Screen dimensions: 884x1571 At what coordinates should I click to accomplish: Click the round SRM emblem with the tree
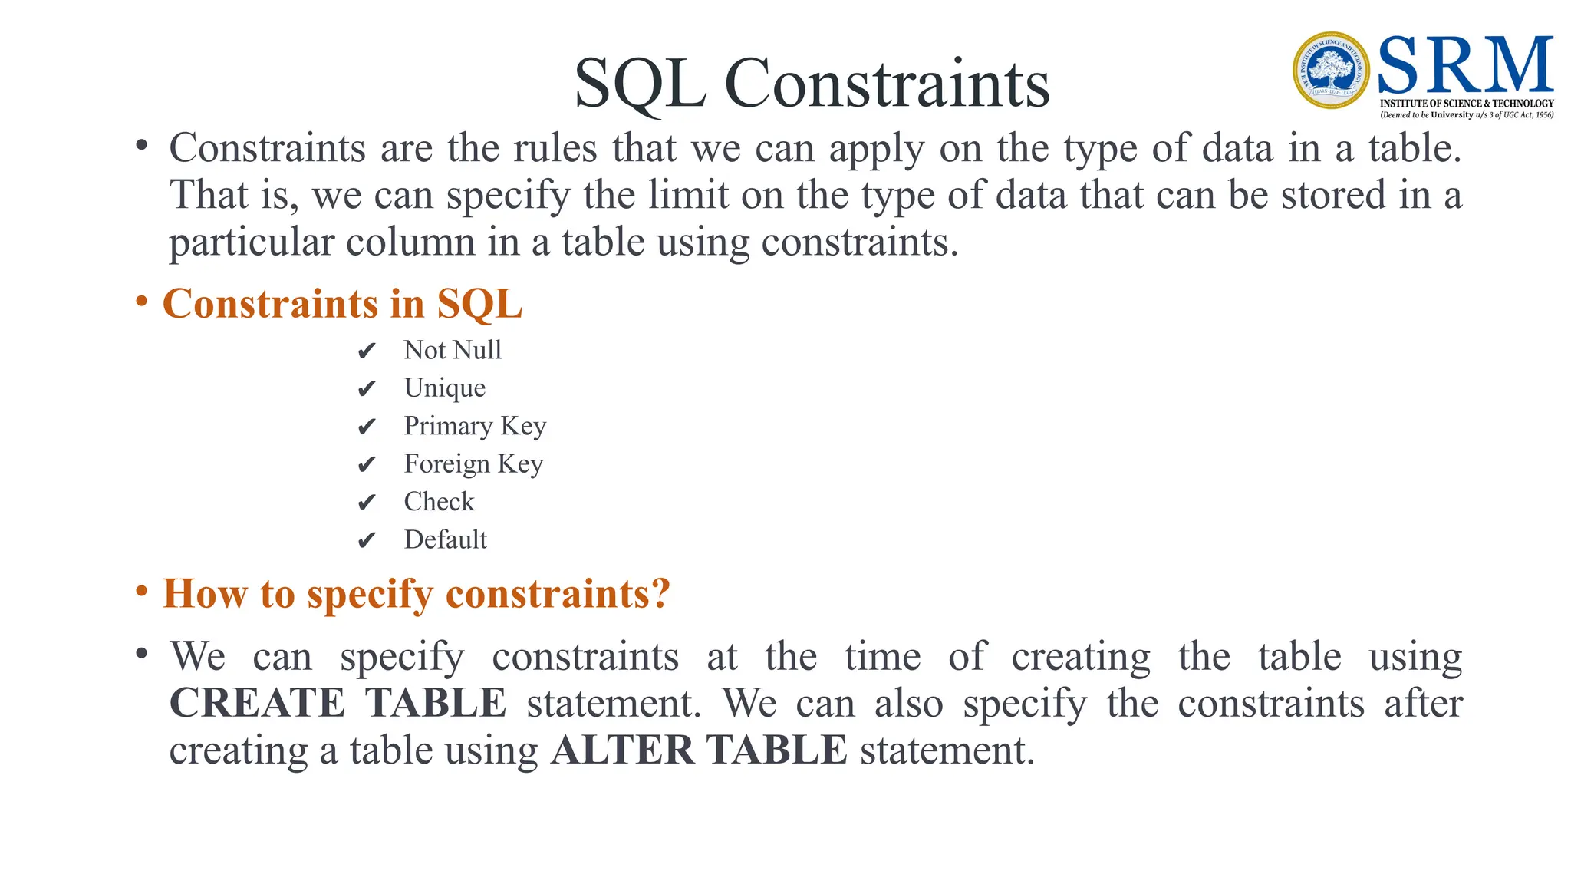click(1331, 71)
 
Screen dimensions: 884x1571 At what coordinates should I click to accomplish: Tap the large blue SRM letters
click(1465, 66)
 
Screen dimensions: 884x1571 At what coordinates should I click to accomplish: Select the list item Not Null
click(453, 350)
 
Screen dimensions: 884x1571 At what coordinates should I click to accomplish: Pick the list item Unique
click(445, 388)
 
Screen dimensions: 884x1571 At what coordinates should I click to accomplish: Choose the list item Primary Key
click(475, 426)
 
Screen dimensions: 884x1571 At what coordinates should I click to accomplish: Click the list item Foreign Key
click(473, 464)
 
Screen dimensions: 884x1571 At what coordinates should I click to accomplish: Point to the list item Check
click(439, 502)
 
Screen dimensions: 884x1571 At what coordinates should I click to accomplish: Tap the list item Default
click(445, 539)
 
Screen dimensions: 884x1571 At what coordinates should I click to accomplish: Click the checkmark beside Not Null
click(367, 351)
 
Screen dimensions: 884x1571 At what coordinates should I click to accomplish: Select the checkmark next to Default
click(367, 541)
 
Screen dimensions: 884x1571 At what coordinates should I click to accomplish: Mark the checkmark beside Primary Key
click(367, 427)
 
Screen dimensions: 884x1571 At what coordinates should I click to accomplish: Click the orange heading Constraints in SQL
click(342, 304)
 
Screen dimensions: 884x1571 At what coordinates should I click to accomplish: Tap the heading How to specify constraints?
click(416, 594)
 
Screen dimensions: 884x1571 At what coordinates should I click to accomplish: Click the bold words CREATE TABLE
click(338, 703)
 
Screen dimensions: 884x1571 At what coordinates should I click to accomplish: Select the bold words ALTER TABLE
click(699, 750)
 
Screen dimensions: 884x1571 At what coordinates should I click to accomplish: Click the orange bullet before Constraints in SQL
click(141, 302)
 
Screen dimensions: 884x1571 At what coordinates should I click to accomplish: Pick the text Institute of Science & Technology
click(1466, 103)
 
